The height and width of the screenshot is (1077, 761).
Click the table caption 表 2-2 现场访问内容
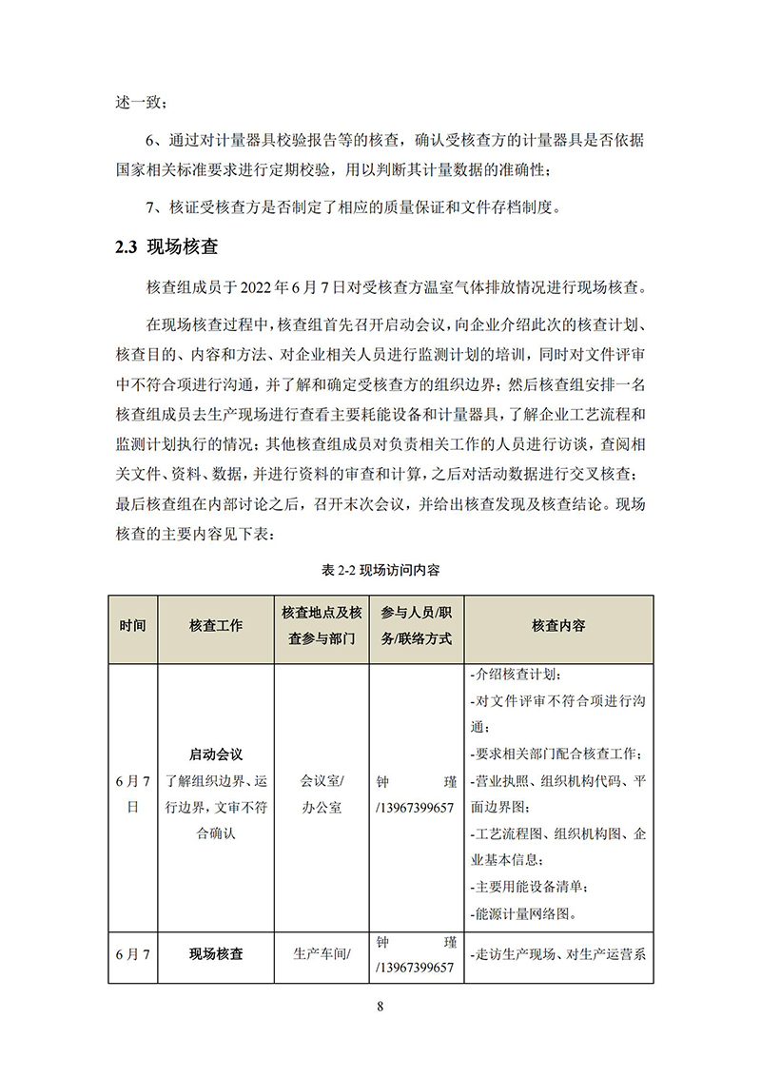click(380, 571)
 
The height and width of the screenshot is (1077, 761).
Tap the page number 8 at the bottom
click(380, 1008)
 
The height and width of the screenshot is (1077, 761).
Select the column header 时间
click(133, 626)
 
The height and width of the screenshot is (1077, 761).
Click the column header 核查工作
click(216, 626)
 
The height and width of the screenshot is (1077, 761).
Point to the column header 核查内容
click(558, 626)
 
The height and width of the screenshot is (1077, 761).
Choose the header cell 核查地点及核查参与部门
click(322, 626)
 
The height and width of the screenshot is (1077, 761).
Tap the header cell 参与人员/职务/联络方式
click(416, 626)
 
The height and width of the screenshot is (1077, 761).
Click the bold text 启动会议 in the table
click(216, 754)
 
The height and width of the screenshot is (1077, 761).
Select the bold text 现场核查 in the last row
click(216, 952)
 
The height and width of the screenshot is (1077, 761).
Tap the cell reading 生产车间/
click(322, 952)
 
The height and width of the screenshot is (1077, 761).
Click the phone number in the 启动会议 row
click(416, 808)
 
